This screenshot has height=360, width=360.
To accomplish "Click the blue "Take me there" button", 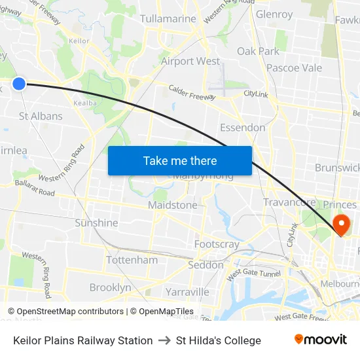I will (x=180, y=160).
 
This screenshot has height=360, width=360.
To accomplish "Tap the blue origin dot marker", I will (x=19, y=83).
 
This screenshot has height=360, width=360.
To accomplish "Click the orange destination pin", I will (x=341, y=225).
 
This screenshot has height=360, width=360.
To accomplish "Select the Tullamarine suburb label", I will (x=168, y=18).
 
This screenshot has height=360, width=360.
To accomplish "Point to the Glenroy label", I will (x=274, y=14).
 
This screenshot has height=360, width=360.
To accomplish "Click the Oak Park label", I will (x=258, y=51).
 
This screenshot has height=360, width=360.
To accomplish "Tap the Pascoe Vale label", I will (x=294, y=67).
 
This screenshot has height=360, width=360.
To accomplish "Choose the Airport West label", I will (x=190, y=61).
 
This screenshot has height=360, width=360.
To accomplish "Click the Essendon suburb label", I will (x=243, y=127).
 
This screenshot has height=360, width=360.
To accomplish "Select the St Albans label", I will (x=41, y=116).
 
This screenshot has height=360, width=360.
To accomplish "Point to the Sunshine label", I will (x=96, y=223).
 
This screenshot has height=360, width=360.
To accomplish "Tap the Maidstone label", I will (x=172, y=205).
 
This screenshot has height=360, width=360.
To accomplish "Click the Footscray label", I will (x=217, y=244).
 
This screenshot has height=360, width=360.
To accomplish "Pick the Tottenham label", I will (x=132, y=260).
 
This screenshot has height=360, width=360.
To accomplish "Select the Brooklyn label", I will (x=110, y=287).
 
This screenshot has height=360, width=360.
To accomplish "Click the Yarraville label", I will (x=187, y=291).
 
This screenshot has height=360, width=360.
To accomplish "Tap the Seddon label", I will (x=206, y=265).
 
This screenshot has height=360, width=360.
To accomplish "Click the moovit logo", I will (x=321, y=340).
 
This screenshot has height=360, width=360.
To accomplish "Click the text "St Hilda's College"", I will (x=219, y=340).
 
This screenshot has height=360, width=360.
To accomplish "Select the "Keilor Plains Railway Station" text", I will (x=83, y=340).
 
